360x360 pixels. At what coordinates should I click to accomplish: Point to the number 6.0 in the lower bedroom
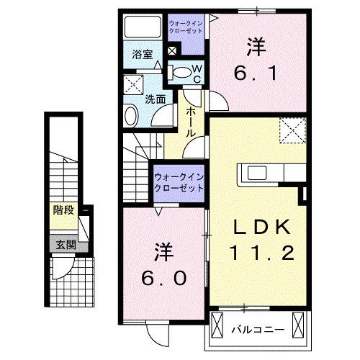[x=163, y=277]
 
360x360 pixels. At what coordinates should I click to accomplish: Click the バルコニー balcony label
[x=257, y=330]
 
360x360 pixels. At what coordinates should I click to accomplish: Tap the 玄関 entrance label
[x=63, y=244]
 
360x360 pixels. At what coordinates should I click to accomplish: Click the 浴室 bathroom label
[x=141, y=54]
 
